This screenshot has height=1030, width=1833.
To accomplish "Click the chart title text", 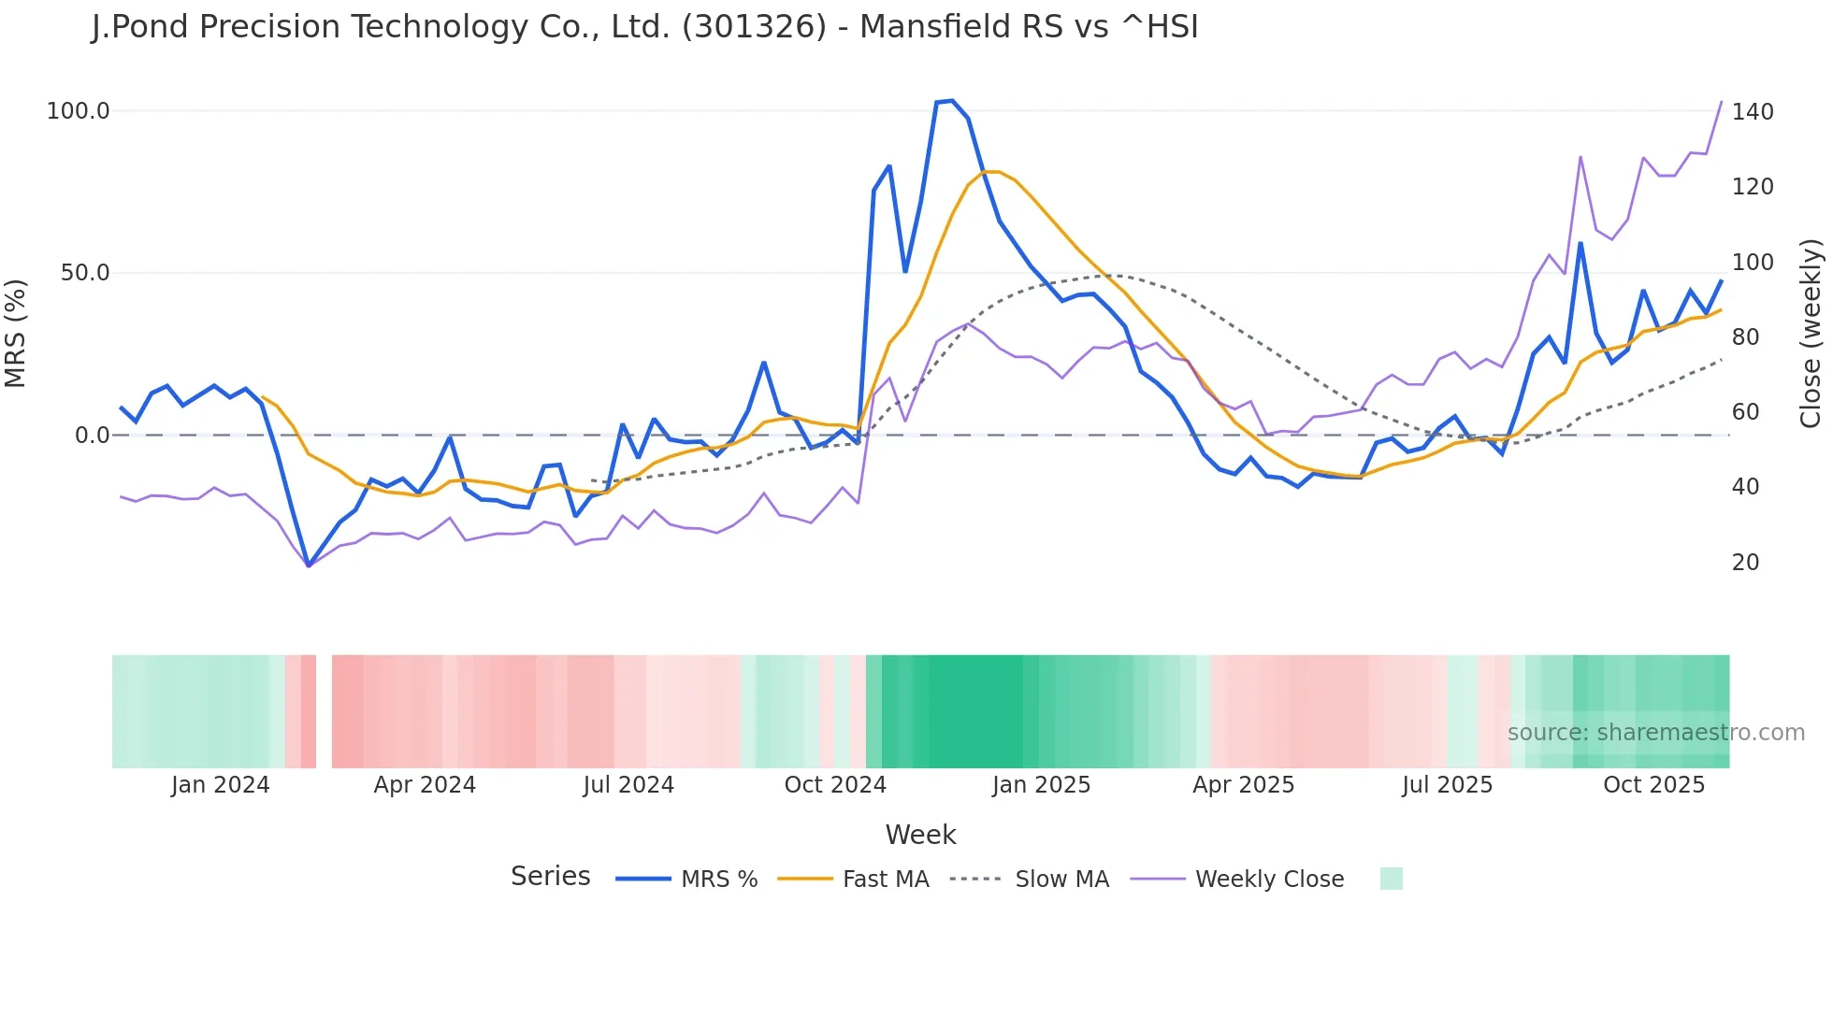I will (644, 27).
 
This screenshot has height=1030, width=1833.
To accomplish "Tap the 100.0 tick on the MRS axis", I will (79, 111).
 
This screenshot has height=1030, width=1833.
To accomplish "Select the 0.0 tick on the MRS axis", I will (92, 436).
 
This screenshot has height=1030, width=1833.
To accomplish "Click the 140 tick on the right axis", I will (1753, 112).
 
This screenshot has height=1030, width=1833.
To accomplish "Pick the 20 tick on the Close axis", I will (1745, 563).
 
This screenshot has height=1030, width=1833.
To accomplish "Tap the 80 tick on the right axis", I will (1745, 337).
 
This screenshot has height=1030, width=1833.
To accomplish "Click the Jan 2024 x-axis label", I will (220, 785).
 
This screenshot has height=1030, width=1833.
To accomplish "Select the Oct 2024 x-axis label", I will (835, 785).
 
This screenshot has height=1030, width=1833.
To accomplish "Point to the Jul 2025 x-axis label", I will (1447, 785).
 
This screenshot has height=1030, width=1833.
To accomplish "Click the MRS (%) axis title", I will (16, 333).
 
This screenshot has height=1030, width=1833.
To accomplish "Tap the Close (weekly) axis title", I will (1811, 333).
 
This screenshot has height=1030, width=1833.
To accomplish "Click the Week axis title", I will (920, 835).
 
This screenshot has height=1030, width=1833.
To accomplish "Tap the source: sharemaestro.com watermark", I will (1655, 733).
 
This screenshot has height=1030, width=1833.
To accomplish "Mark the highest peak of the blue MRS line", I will (951, 100).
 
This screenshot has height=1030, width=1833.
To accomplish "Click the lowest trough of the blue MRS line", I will (308, 565).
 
